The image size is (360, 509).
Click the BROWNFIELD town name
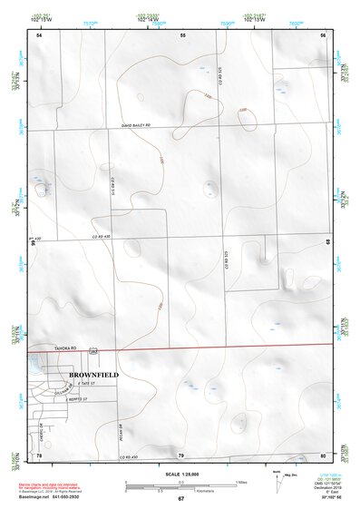93,373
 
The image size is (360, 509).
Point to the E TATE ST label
86,384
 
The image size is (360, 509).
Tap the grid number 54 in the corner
39,34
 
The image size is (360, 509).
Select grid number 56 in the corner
323,34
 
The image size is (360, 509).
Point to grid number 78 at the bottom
39,455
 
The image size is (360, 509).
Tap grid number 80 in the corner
323,455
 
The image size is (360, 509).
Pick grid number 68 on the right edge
327,242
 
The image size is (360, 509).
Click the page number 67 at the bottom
180,499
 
